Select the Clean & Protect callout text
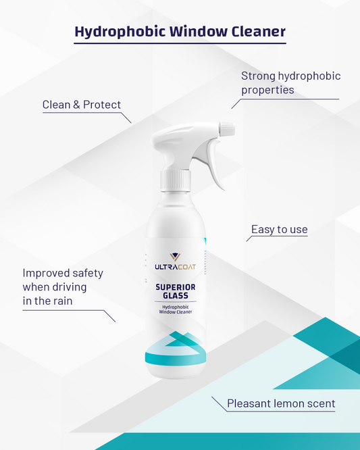(x=81, y=105)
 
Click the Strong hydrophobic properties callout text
(x=290, y=82)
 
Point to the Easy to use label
(x=279, y=230)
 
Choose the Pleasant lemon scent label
(x=281, y=404)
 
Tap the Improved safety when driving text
(x=63, y=286)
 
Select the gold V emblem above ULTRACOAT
(x=176, y=258)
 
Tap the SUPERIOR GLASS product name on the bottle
(x=176, y=290)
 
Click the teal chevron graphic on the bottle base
(x=176, y=348)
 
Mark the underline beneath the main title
(x=180, y=45)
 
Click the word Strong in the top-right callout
(x=259, y=76)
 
